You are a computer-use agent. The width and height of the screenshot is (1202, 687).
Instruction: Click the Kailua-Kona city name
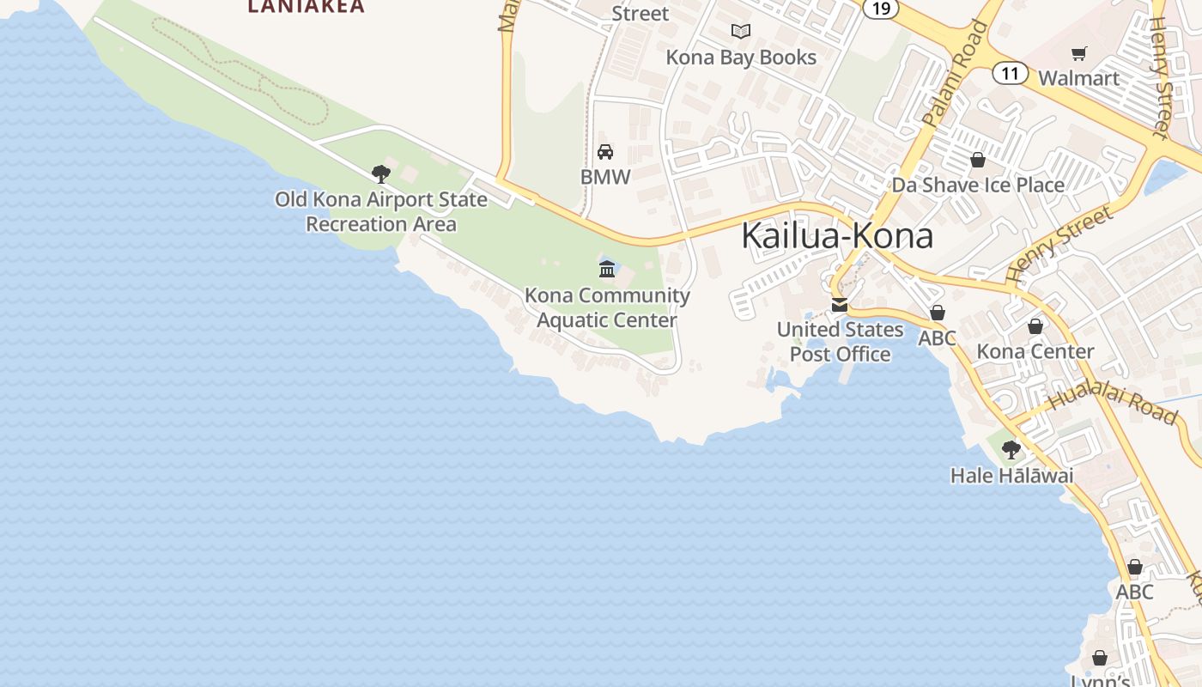837,235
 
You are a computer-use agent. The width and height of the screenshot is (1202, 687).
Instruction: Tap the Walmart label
1078,78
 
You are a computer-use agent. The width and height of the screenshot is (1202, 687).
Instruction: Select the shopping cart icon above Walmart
1079,53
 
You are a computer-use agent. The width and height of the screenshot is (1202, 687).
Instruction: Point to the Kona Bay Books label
741,58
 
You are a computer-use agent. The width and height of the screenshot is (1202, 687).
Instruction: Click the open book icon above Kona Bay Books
741,32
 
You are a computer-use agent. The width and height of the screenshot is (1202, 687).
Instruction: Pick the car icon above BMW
605,152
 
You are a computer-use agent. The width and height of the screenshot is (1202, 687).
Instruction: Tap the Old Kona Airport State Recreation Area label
381,211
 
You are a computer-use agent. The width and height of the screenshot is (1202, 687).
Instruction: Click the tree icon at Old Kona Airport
381,174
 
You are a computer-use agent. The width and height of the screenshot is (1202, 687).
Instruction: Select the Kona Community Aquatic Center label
607,307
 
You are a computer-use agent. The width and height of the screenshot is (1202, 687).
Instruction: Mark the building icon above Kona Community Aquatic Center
607,270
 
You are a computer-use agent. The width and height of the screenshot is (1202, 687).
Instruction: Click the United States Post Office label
840,342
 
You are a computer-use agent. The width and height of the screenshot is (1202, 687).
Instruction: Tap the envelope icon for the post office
839,305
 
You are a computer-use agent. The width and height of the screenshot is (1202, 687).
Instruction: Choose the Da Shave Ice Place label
977,185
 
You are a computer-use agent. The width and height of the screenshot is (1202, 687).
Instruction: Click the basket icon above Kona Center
1035,326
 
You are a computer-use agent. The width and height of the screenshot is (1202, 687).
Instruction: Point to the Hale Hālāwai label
1011,475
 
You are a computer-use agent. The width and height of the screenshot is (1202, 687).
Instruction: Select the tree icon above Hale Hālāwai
1011,449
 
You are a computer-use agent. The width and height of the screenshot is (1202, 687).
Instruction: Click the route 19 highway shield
880,9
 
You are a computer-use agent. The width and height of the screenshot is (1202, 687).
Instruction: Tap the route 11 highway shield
1010,73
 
